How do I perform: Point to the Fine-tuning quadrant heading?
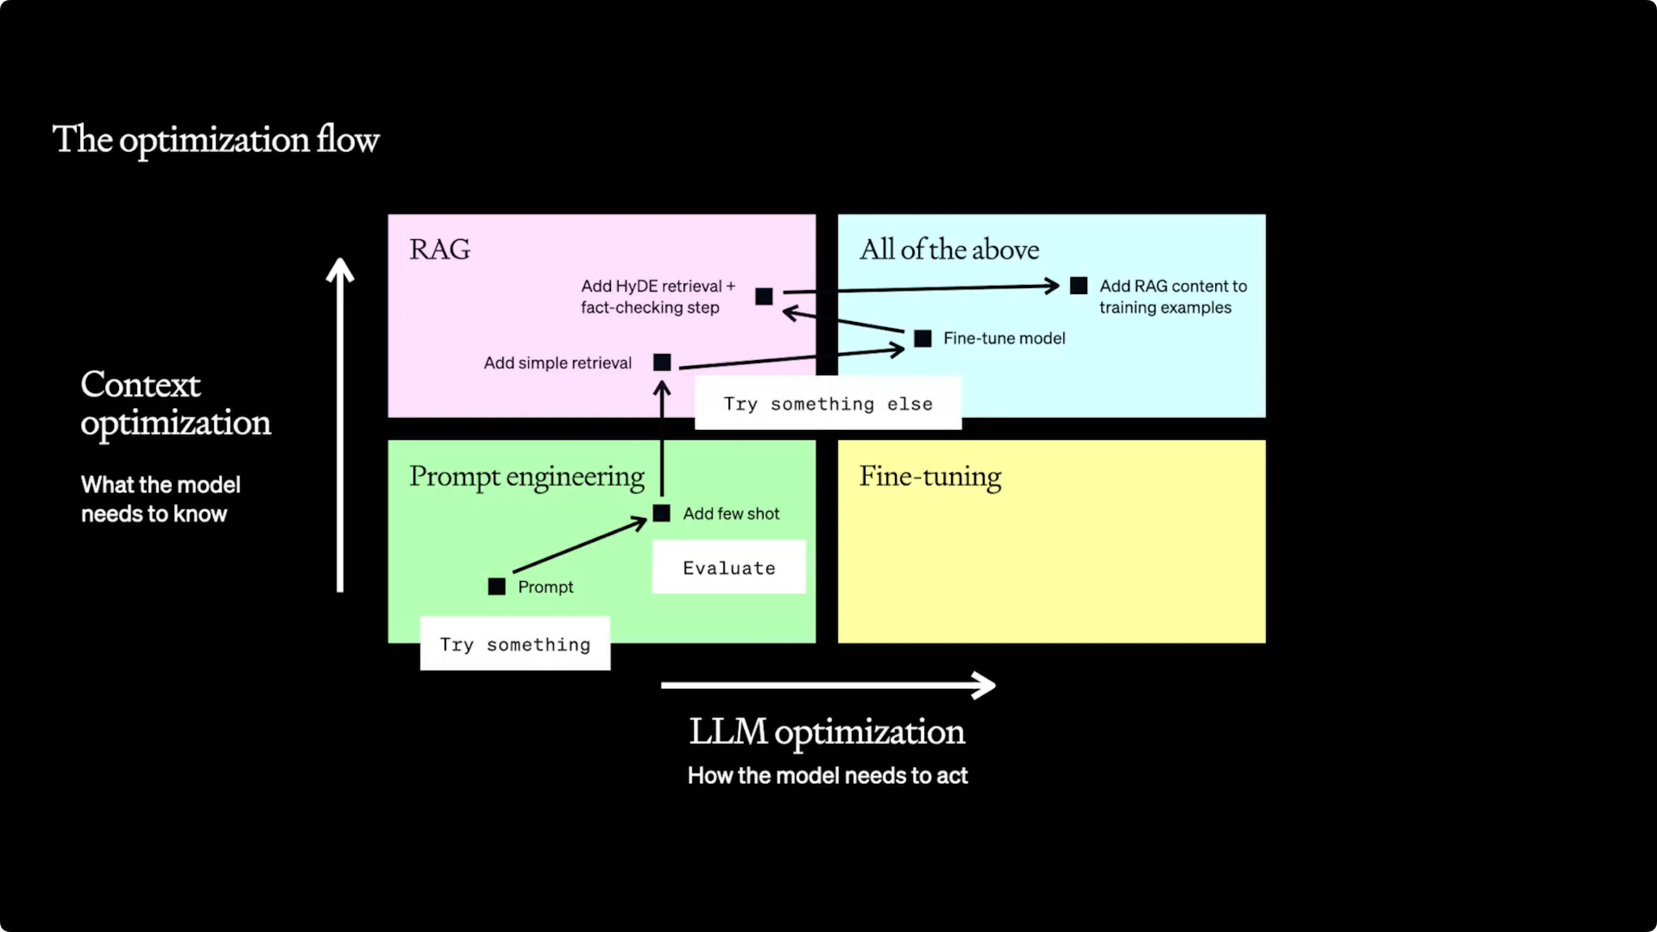click(x=930, y=477)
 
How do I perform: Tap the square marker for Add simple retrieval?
click(x=662, y=362)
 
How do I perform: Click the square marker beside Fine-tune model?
click(x=922, y=338)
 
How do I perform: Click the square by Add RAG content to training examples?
click(x=1079, y=286)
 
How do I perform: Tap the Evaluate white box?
click(x=729, y=567)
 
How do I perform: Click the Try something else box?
click(x=828, y=403)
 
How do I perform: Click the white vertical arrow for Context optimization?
click(x=339, y=424)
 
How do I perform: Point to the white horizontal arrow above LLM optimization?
click(x=828, y=685)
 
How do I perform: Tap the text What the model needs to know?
click(x=160, y=499)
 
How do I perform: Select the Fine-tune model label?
click(x=1004, y=338)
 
